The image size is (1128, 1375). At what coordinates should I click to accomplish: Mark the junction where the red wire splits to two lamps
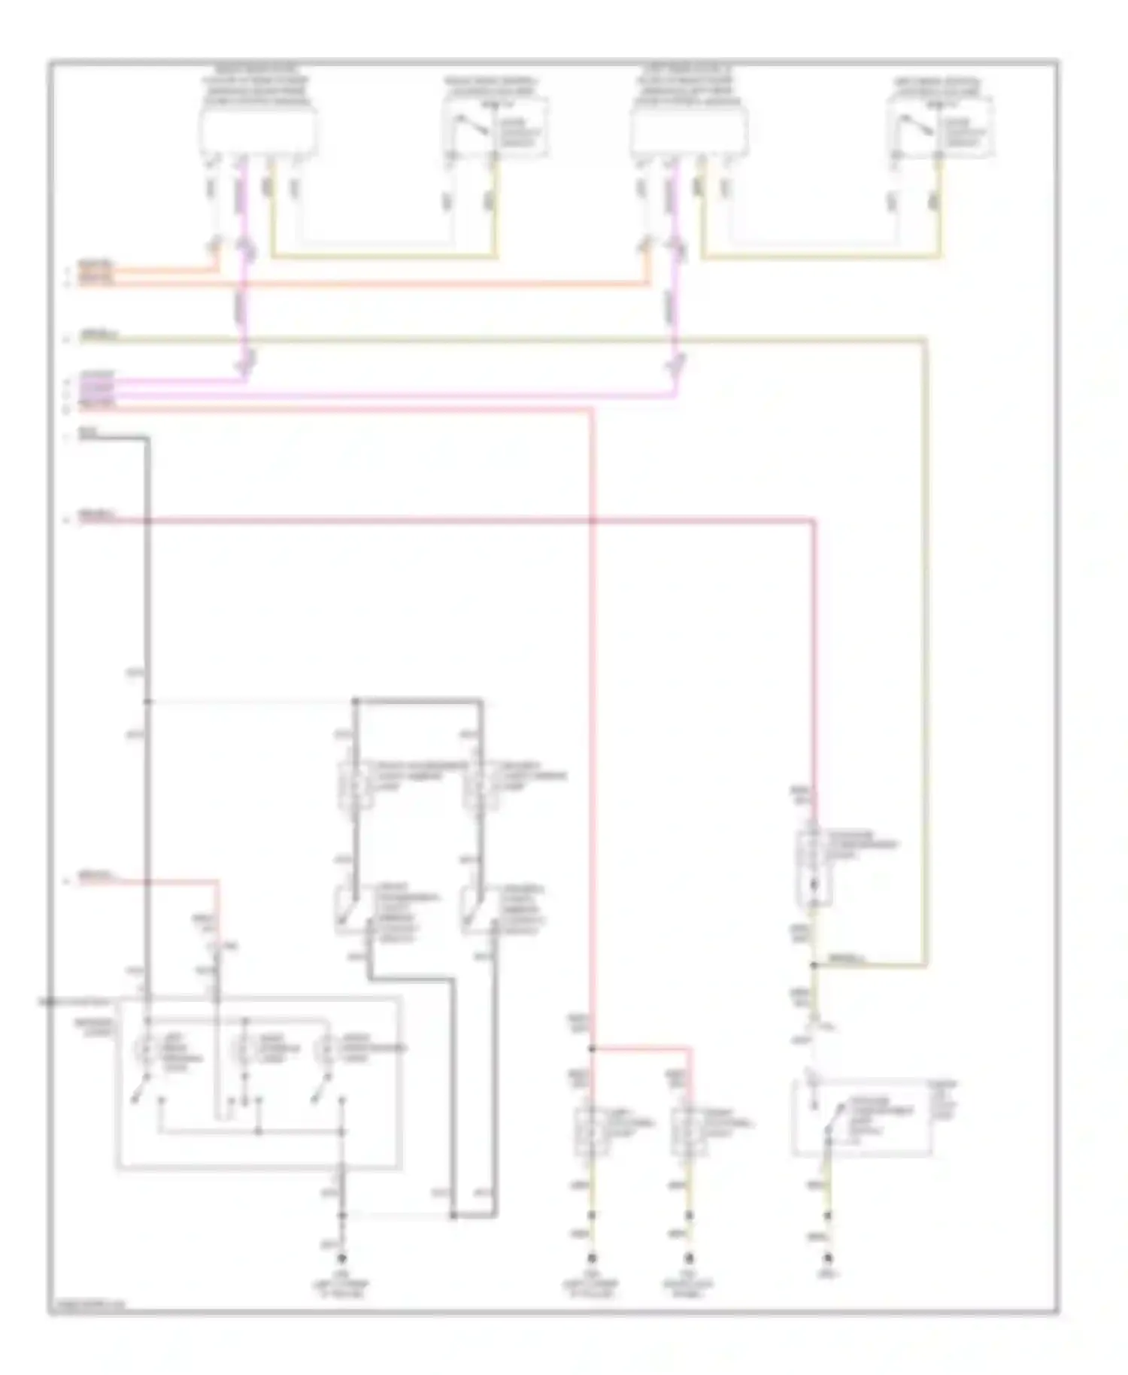coord(592,1048)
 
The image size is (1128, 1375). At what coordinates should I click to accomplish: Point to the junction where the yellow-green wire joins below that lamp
coord(814,964)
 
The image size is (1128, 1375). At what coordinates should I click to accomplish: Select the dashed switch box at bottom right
coord(862,1118)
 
